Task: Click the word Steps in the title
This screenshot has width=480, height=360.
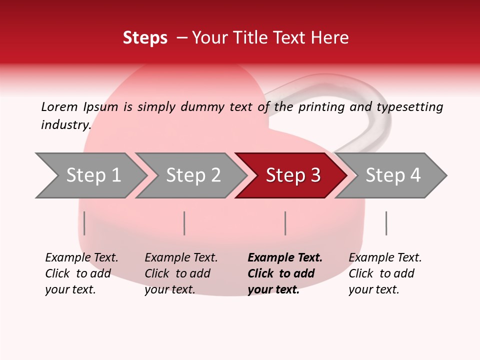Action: pos(145,38)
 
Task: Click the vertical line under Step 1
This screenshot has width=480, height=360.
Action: pos(84,223)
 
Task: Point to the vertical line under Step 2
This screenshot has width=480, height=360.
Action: pos(184,223)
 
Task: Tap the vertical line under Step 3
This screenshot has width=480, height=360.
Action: pos(285,223)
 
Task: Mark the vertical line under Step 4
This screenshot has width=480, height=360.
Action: pos(386,223)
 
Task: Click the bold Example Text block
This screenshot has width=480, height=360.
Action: pos(285,273)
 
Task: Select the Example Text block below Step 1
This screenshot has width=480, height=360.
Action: pos(81,273)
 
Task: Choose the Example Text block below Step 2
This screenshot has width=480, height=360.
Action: pos(181,273)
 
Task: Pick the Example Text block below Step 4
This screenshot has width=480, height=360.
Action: pos(385,273)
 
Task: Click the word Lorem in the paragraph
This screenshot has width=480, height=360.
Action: pos(59,106)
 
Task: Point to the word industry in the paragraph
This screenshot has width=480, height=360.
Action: pos(65,125)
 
